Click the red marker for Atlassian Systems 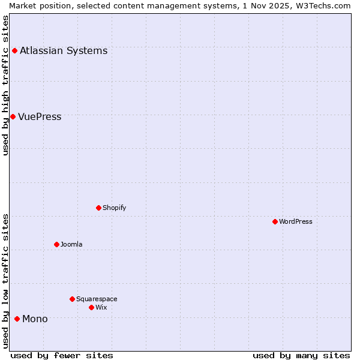(14, 50)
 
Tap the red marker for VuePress (13, 116)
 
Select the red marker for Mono (17, 319)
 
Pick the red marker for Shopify (98, 208)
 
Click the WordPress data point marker (275, 221)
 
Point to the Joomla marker (56, 244)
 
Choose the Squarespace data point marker (72, 299)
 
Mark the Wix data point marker (91, 307)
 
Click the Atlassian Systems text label (64, 50)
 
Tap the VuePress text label (40, 116)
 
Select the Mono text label (35, 319)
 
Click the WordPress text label (296, 221)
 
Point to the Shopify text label (115, 208)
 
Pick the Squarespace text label (97, 299)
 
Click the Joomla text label (71, 244)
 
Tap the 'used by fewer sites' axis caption (62, 355)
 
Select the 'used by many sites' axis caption (301, 355)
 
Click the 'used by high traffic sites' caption (6, 85)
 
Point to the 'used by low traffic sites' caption (6, 281)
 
